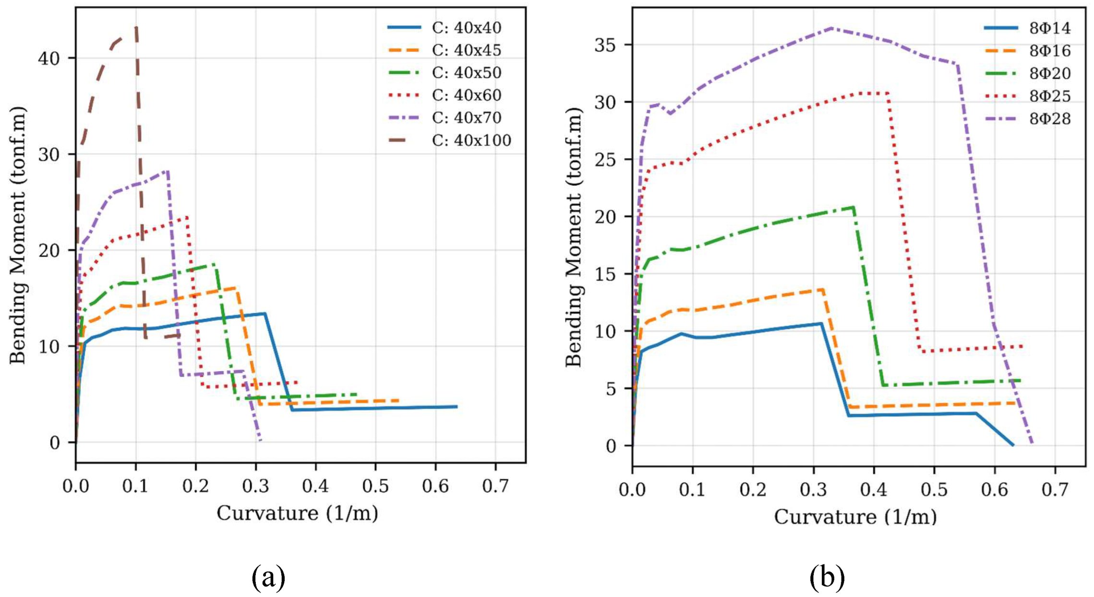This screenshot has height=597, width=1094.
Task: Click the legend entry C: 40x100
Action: [x=471, y=140]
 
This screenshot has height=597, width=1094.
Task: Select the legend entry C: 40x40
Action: [x=467, y=27]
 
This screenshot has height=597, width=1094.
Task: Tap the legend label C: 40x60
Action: [x=467, y=95]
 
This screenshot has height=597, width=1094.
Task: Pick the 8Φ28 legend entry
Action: [x=1050, y=118]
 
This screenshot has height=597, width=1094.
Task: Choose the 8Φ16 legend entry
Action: [x=1050, y=50]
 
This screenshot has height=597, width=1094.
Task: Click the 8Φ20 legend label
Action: [x=1050, y=73]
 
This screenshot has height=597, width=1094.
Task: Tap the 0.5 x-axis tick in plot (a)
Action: [x=375, y=486]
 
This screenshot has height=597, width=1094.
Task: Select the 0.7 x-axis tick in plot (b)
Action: [x=1055, y=490]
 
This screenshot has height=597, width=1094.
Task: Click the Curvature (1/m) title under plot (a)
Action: [x=297, y=513]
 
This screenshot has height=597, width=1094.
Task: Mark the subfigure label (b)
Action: [x=827, y=577]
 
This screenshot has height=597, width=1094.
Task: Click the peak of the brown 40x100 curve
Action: [x=136, y=27]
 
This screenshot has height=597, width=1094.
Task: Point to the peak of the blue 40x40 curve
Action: [x=264, y=314]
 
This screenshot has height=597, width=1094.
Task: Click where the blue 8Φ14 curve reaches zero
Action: [x=1013, y=445]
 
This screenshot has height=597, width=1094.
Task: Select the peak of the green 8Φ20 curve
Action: [x=853, y=207]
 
